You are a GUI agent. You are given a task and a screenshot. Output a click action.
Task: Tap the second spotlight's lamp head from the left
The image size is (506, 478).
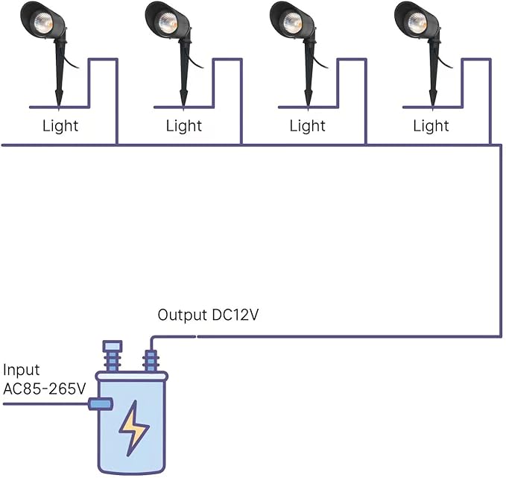coord(166,19)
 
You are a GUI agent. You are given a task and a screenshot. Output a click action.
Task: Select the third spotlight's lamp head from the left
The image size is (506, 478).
coord(290,19)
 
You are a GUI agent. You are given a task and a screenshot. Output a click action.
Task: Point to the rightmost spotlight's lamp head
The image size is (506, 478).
coord(414,19)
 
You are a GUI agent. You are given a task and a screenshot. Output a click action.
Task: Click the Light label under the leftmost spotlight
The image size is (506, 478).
coord(60,126)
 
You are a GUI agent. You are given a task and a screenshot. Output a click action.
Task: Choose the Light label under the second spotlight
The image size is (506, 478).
coord(184,126)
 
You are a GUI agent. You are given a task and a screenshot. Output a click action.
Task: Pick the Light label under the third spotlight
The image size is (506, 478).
coord(308,126)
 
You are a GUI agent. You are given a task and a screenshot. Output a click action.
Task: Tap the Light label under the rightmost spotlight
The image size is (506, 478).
coord(431,126)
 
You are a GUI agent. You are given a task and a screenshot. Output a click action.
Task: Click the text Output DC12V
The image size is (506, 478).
coord(208,315)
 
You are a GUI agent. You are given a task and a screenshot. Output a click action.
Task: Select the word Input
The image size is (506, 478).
coord(22,371)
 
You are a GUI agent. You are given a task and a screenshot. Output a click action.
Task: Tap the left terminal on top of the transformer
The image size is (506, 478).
coord(112,356)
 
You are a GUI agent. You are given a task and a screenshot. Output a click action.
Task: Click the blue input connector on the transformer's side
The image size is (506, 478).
coord(100,404)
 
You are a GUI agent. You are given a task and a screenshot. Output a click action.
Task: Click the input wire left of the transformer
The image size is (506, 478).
coord(45,404)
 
